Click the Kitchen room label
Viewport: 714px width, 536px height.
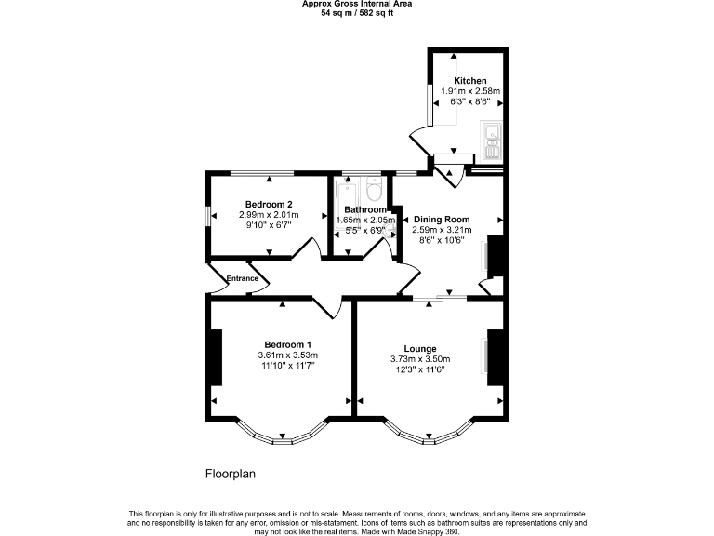pos(469,81)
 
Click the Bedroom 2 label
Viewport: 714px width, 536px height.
pos(269,205)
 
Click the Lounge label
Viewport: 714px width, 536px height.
pos(420,349)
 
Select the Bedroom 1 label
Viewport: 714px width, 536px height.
pos(287,344)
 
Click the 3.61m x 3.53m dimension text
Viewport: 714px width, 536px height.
pos(287,355)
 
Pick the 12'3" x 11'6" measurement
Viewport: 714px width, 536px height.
pos(420,370)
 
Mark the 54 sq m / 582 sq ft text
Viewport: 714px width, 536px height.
pos(357,14)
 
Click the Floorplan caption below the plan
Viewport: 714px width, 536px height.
pos(230,474)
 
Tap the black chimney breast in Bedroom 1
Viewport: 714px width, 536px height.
pos(217,357)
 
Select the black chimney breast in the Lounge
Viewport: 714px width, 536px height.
pos(496,357)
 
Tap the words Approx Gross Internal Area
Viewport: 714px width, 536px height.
pos(357,4)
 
